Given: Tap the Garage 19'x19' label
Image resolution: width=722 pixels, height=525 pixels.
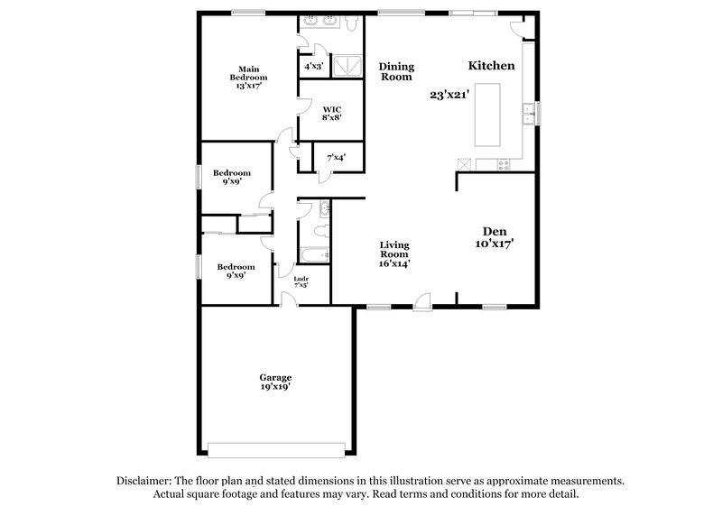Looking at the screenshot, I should [275, 382].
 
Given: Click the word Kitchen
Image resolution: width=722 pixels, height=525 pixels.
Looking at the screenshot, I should [491, 66].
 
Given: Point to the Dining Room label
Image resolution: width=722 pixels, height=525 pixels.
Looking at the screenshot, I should [395, 71].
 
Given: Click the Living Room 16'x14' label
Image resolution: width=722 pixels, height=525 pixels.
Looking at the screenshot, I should [394, 253].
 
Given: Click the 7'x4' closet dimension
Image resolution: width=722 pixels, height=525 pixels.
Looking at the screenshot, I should [335, 157].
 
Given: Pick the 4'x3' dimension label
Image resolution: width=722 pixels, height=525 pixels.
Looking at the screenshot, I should [314, 66].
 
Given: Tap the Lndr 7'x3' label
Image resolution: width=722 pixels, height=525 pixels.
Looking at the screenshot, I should [301, 281].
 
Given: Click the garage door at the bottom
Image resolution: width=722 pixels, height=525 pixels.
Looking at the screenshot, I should [276, 447].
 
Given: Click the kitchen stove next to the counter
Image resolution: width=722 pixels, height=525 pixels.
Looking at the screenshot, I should [502, 163].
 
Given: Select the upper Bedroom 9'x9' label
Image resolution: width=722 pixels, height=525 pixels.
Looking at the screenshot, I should [232, 177].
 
